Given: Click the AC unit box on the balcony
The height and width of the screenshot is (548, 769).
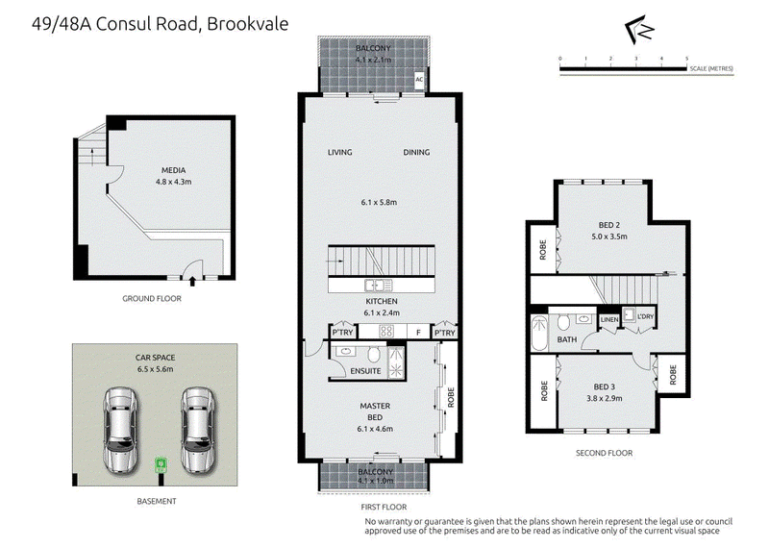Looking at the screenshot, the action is (419, 80).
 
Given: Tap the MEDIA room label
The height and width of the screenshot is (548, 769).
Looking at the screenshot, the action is (174, 170).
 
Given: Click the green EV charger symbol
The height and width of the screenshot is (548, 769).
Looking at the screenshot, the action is (161, 464).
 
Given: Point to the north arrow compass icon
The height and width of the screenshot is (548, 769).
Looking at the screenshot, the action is (640, 30).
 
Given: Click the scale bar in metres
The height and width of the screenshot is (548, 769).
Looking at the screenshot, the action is (623, 69).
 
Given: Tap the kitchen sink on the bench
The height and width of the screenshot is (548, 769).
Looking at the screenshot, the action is (378, 285).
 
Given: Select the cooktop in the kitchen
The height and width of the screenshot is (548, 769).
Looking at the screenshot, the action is (386, 331).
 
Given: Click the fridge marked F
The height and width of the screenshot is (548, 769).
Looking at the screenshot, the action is (418, 332).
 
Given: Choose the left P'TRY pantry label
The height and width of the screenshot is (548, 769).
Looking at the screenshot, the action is (342, 332).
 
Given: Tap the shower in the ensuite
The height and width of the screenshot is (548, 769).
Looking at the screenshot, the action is (396, 362).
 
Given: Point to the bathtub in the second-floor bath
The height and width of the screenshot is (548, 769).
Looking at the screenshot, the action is (539, 333).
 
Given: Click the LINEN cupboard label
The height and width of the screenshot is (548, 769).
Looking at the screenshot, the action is (609, 319).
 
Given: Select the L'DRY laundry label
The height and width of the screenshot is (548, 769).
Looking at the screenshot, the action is (645, 316).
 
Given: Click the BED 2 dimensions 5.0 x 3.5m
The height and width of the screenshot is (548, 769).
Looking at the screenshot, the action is (609, 237).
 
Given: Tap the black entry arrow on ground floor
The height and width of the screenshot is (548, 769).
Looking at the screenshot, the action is (192, 281).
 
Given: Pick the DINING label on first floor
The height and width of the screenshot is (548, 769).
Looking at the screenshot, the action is (416, 153).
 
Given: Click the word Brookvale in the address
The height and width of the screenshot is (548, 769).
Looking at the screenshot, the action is (248, 24).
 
